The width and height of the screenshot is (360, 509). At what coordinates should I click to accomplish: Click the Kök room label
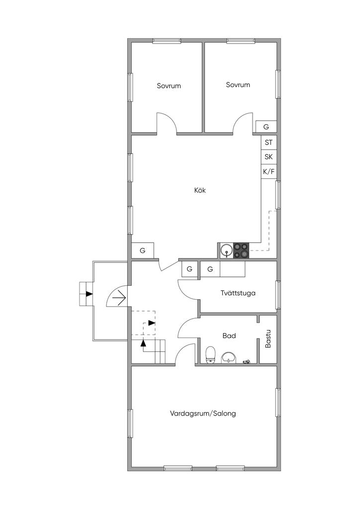(x=200, y=190)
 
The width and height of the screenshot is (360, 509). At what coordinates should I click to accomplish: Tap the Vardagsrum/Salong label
(x=203, y=414)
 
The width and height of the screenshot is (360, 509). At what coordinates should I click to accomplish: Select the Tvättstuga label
(x=238, y=293)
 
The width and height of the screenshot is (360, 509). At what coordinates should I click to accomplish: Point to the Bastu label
(x=268, y=339)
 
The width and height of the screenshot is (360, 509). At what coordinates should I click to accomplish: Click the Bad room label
(x=229, y=336)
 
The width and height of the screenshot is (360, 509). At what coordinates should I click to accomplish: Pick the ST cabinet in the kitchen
(x=269, y=142)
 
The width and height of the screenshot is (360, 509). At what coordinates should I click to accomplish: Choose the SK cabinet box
(x=269, y=157)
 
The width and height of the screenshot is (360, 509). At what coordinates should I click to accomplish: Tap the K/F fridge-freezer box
(x=269, y=171)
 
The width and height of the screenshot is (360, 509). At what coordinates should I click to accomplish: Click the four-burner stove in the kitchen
(x=241, y=251)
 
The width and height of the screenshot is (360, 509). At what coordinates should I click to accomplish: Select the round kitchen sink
(x=226, y=251)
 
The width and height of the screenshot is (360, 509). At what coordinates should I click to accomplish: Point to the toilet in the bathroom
(x=211, y=354)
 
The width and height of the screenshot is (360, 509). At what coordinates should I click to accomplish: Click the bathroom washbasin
(x=230, y=357)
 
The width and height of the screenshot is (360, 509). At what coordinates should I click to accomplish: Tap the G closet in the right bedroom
(x=266, y=127)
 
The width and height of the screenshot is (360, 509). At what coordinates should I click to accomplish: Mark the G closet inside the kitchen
(x=143, y=251)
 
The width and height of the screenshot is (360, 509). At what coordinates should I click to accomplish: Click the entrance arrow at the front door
(x=119, y=298)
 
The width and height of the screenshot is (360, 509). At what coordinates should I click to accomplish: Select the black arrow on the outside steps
(x=89, y=294)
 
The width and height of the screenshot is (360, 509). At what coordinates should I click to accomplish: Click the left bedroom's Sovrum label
(x=169, y=85)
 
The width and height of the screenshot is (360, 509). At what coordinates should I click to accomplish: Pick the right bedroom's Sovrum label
(x=238, y=85)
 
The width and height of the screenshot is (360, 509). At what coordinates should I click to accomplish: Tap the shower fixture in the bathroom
(x=247, y=361)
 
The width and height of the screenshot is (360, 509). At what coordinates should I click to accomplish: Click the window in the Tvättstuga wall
(x=278, y=295)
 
